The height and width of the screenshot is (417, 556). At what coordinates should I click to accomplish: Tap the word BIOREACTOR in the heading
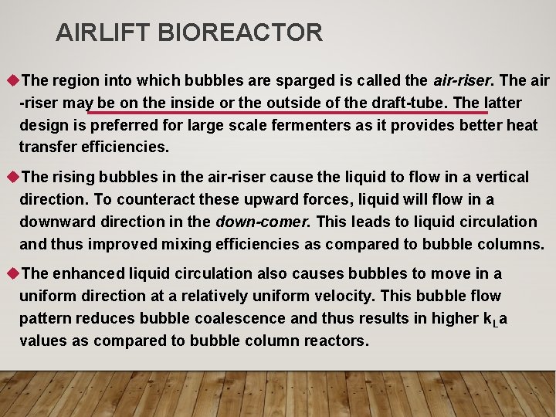[x=240, y=32]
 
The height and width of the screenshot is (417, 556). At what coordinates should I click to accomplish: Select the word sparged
[x=285, y=80]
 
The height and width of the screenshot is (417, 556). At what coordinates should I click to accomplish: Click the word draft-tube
[x=411, y=103]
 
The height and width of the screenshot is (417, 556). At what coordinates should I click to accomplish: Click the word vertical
[x=501, y=178]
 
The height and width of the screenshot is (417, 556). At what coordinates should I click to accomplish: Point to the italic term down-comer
[x=263, y=222]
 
